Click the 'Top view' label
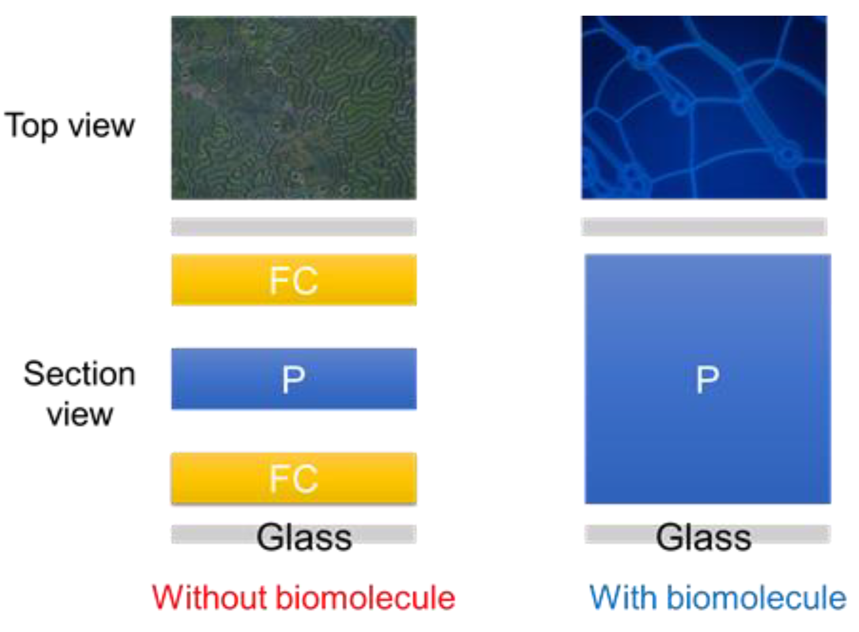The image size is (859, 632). tap(69, 126)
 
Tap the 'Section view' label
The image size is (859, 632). tap(79, 394)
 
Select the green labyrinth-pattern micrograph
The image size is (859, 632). tap(294, 108)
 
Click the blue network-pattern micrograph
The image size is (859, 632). tap(704, 107)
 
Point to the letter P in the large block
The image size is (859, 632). tap(707, 380)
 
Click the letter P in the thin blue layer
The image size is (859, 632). tap(293, 380)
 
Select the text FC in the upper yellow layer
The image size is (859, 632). tap(294, 281)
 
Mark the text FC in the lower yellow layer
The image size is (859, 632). tap(294, 479)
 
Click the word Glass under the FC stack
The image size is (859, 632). tap(304, 537)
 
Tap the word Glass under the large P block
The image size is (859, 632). tap(704, 537)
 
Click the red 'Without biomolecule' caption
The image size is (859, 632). tap(304, 597)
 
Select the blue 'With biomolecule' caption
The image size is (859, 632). tap(717, 597)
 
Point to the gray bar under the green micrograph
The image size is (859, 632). tap(294, 226)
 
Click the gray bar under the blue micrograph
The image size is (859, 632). tap(704, 226)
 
